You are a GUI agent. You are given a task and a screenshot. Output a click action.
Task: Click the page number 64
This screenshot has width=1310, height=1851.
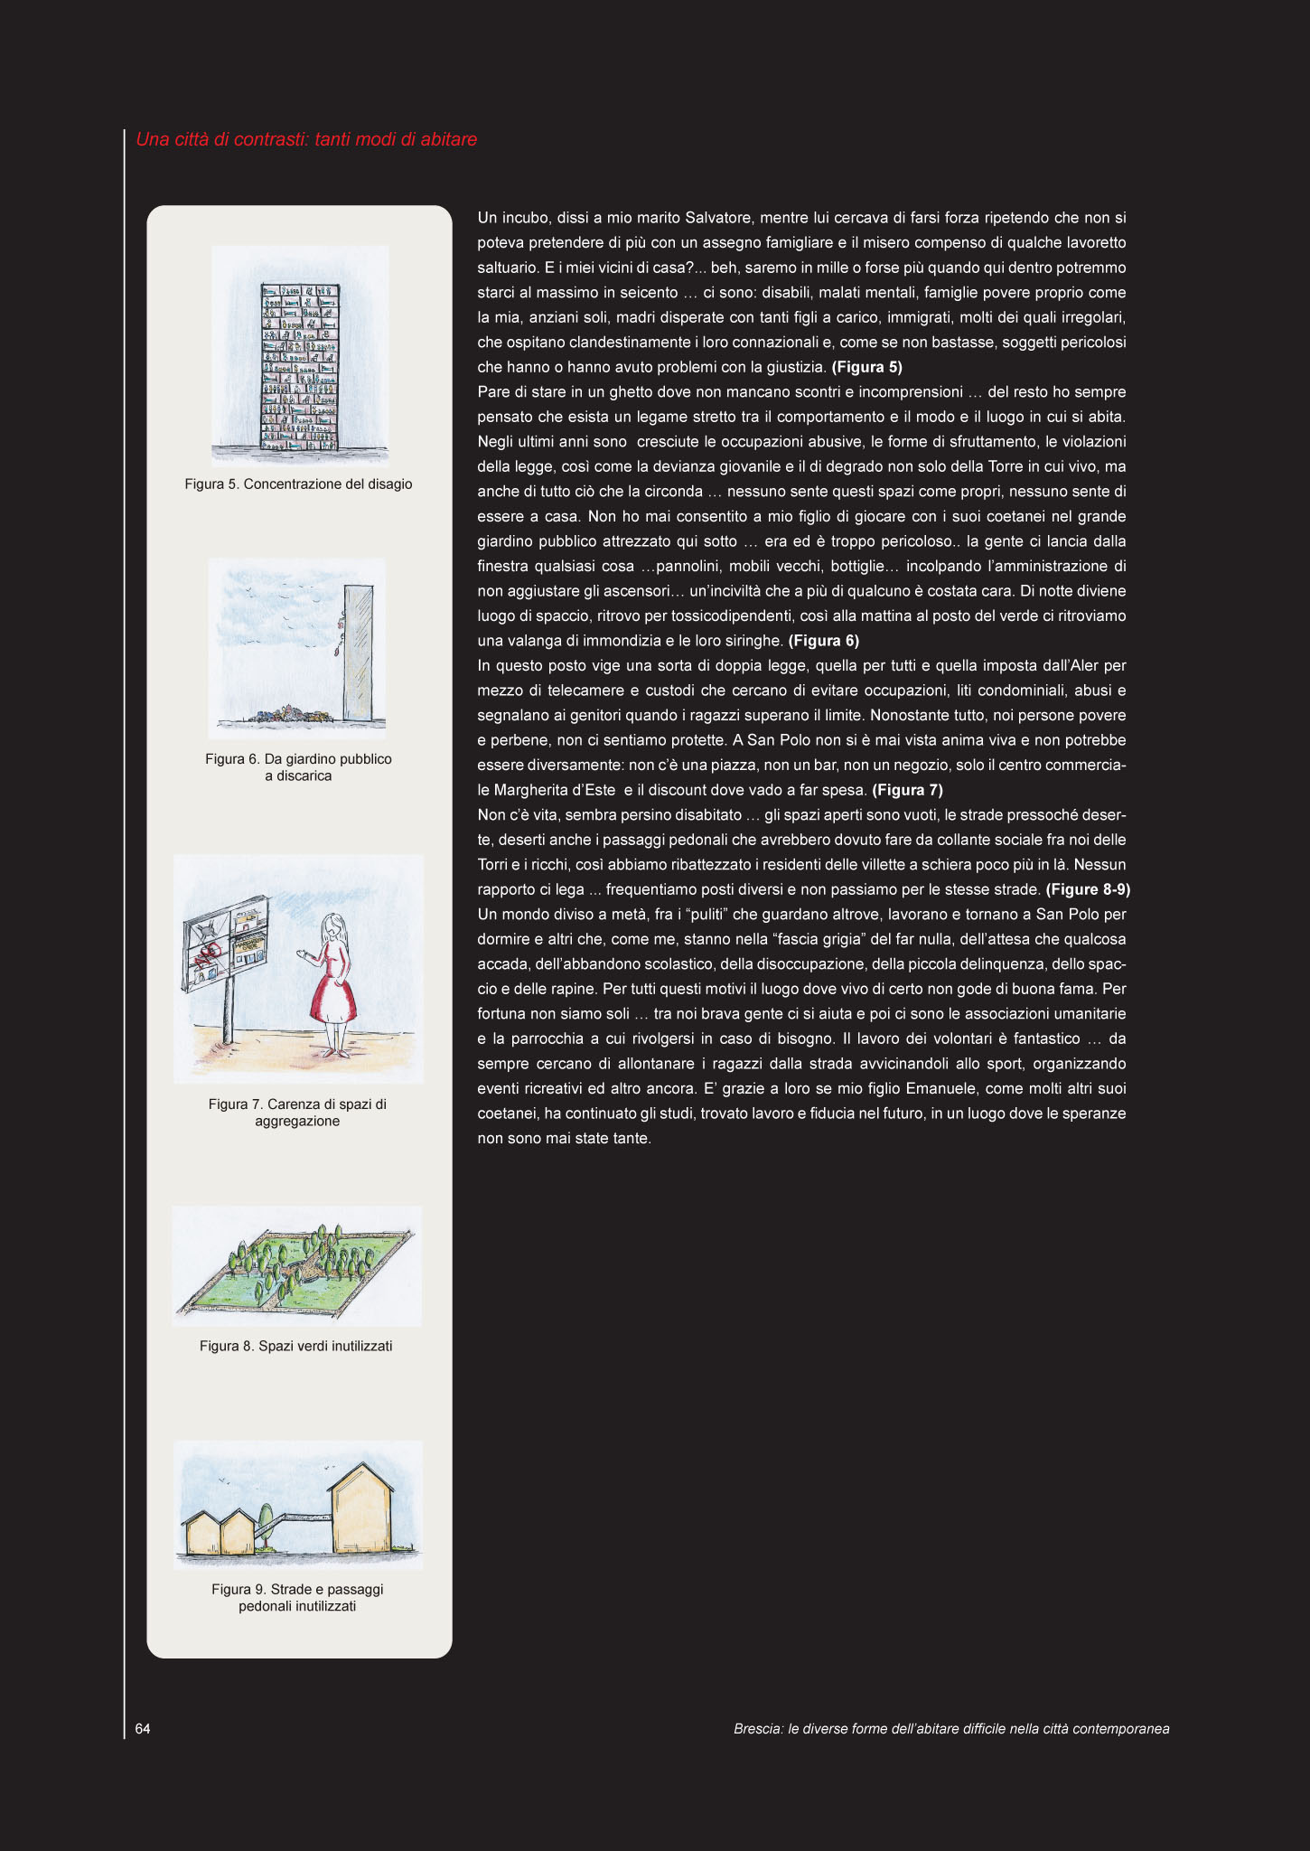click(x=143, y=1728)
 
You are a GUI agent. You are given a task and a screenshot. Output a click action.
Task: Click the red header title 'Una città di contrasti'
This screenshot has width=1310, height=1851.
click(x=306, y=139)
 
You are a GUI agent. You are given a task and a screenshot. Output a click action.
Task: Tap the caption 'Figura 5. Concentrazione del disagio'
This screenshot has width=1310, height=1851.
click(x=298, y=484)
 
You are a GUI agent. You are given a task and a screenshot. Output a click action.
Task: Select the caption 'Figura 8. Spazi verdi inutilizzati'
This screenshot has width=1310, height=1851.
click(x=296, y=1346)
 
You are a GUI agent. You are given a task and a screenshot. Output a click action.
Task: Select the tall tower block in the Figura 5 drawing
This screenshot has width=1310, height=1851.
click(x=301, y=366)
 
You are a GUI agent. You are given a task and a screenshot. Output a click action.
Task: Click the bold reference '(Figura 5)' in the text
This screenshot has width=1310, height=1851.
click(x=866, y=367)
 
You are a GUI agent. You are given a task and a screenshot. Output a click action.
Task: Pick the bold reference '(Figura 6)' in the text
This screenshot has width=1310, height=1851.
click(x=823, y=641)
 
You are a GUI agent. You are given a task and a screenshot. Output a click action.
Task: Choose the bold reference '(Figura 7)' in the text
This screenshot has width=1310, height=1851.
click(x=907, y=790)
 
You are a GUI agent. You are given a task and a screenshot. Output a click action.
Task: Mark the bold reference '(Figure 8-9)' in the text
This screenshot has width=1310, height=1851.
click(x=1088, y=889)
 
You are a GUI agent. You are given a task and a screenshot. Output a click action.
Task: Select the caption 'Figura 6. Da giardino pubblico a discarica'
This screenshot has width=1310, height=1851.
click(x=298, y=767)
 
